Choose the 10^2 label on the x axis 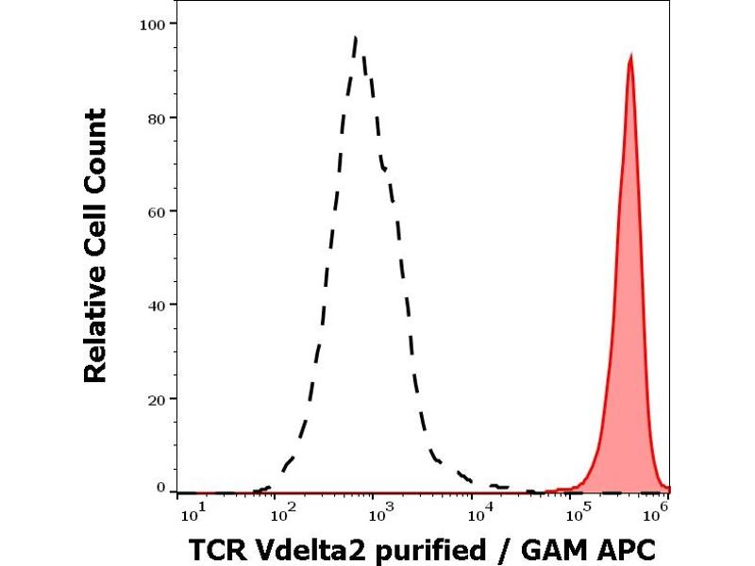pos(281,512)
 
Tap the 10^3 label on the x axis pos(377,512)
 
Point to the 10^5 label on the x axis pos(576,512)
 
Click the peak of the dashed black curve pos(355,38)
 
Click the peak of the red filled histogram pos(629,55)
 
